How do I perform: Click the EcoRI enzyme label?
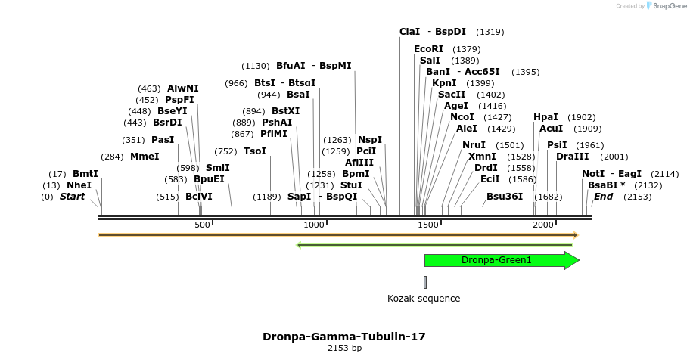coord(429,49)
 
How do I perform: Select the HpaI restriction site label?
coord(545,117)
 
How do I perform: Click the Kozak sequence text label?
coord(424,299)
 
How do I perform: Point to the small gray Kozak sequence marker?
coord(425,282)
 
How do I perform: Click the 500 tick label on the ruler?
coord(202,225)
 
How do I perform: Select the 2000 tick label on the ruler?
coord(543,225)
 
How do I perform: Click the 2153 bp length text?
coord(344,349)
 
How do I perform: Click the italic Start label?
coord(73,197)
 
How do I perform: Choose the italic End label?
coord(603,197)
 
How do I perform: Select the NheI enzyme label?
coord(79,185)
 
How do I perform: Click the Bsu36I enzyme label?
coord(505,197)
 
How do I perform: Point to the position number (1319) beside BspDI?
coord(490,32)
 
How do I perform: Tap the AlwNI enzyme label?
coord(183,88)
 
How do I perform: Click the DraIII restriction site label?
coord(572,157)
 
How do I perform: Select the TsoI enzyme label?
coord(255,151)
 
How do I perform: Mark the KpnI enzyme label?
coord(444,83)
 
